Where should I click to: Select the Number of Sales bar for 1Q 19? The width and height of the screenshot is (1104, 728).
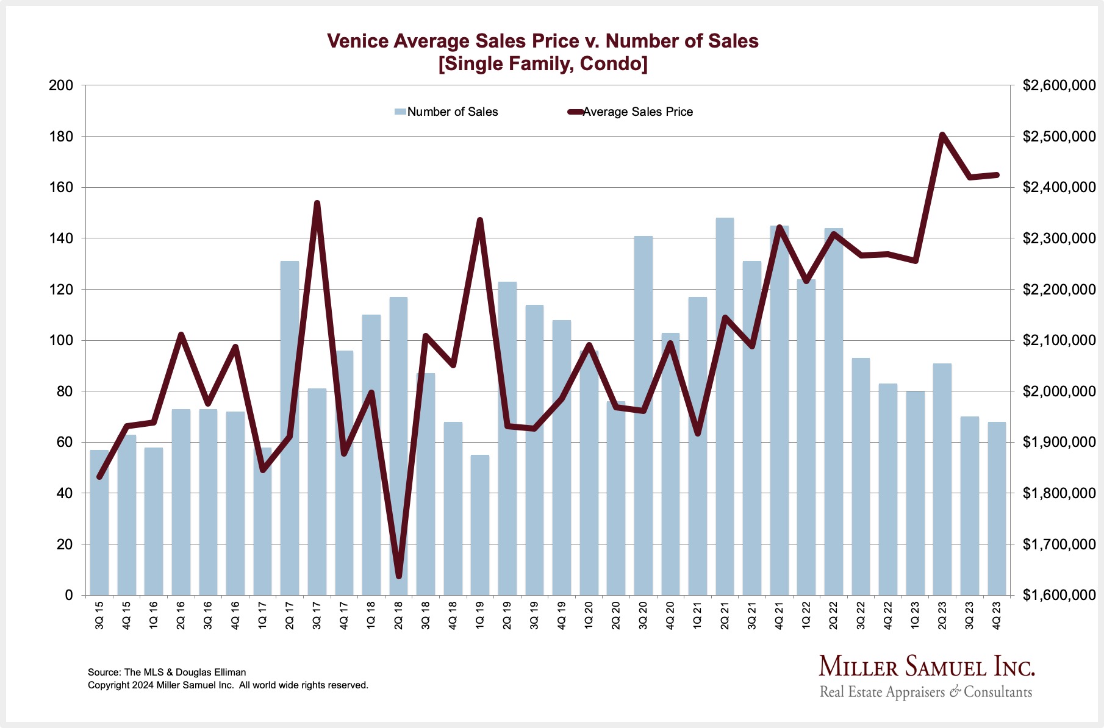480,524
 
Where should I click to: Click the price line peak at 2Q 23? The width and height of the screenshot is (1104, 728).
942,135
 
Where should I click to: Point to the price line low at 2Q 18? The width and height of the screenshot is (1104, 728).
398,576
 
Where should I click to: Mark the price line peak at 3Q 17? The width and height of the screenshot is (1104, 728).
317,203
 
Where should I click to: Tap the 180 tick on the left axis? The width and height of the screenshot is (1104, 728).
61,137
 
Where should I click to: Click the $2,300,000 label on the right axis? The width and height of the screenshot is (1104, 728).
1059,238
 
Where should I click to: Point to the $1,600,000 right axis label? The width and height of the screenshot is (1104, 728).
1059,595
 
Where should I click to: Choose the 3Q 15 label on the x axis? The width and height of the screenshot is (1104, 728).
99,615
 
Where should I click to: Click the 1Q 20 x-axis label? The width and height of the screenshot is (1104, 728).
589,615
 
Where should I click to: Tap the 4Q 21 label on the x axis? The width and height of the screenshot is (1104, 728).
779,615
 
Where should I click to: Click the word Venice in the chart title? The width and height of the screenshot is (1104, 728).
357,41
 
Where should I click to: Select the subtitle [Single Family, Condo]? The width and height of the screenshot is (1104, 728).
543,63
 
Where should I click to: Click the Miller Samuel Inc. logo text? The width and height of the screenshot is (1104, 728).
927,666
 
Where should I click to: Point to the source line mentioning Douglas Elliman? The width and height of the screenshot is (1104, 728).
167,672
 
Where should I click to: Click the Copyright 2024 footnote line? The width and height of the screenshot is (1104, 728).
228,685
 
